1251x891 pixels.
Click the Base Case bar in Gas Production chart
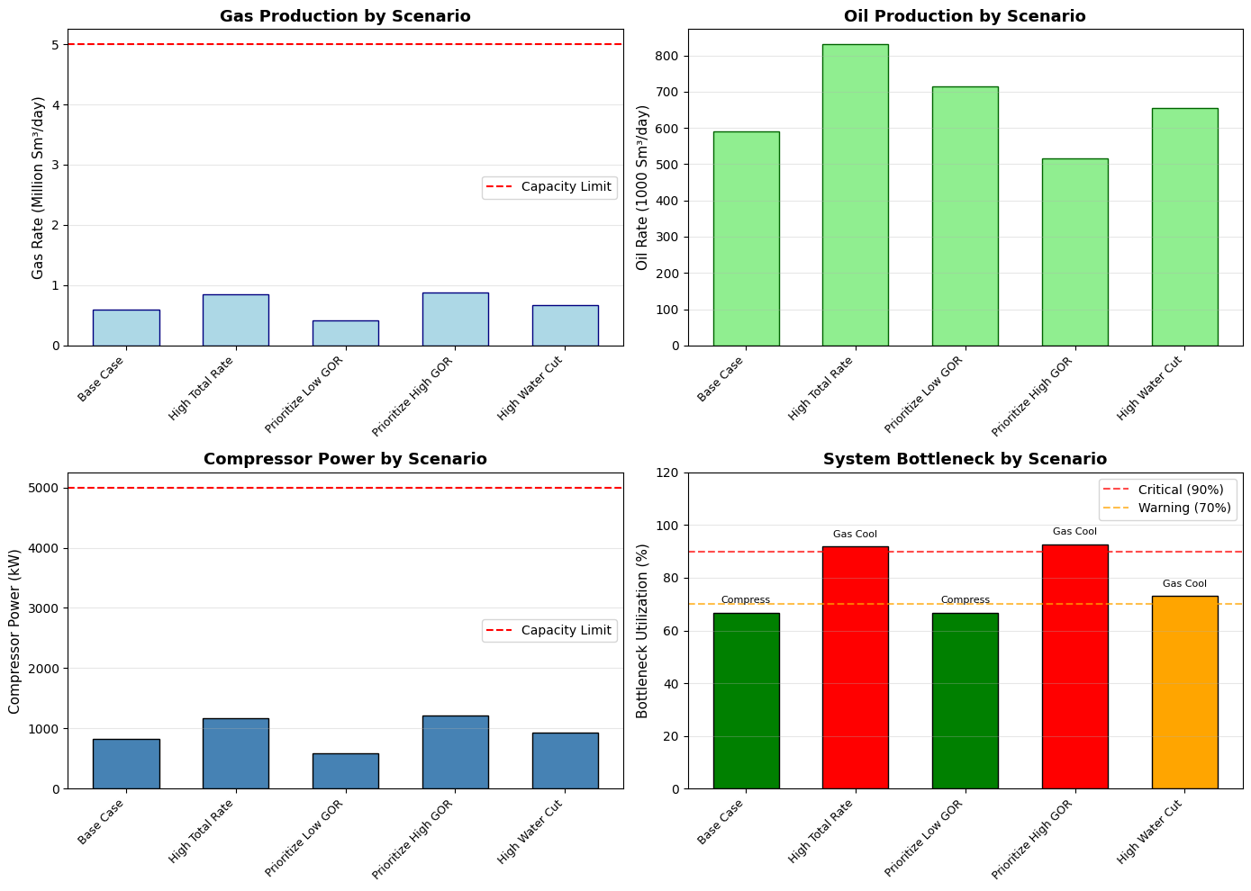pyautogui.click(x=126, y=328)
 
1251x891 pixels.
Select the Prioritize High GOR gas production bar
pyautogui.click(x=456, y=319)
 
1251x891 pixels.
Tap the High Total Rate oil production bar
pyautogui.click(x=856, y=195)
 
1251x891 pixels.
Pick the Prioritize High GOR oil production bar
pyautogui.click(x=1075, y=253)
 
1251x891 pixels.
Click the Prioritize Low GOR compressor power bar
pyautogui.click(x=346, y=771)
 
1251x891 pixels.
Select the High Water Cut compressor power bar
pyautogui.click(x=566, y=761)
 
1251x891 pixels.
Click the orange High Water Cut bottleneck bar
pyautogui.click(x=1185, y=692)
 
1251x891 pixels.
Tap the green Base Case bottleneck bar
pyautogui.click(x=746, y=701)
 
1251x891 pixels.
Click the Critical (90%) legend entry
pyautogui.click(x=1164, y=490)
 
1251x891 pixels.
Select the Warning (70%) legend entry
pyautogui.click(x=1167, y=508)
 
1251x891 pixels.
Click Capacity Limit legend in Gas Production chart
pyautogui.click(x=549, y=187)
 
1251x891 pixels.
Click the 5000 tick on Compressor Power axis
pyautogui.click(x=43, y=488)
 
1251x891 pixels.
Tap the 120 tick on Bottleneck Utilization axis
pyautogui.click(x=667, y=473)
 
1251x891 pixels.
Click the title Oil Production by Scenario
pyautogui.click(x=965, y=15)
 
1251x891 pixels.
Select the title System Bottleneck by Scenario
pyautogui.click(x=965, y=459)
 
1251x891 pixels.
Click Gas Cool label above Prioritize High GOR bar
pyautogui.click(x=1074, y=531)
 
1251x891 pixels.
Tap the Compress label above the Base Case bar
pyautogui.click(x=746, y=599)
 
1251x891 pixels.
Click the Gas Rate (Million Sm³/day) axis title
pyautogui.click(x=38, y=187)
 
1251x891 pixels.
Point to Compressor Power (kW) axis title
pyautogui.click(x=14, y=631)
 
